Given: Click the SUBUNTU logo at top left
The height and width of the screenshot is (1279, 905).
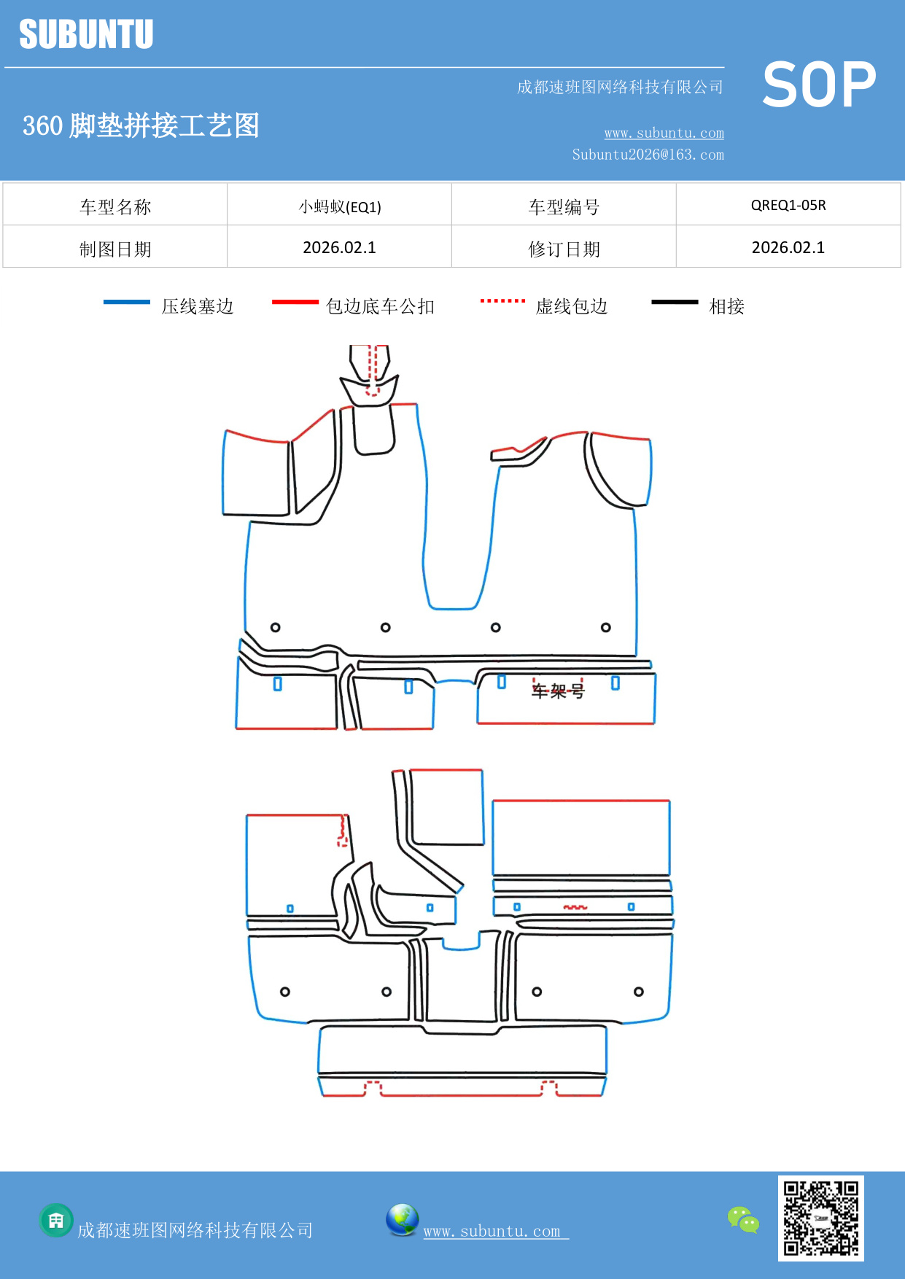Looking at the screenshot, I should click(86, 34).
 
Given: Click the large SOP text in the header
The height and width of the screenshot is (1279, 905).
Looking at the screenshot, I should click(819, 85).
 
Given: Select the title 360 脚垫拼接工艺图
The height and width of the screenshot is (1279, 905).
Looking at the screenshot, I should click(141, 125).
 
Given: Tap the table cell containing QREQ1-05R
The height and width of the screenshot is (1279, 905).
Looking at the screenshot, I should click(788, 205).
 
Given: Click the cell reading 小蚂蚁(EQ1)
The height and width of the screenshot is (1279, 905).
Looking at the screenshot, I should click(339, 207).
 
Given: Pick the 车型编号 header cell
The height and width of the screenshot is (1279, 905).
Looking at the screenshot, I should click(564, 207).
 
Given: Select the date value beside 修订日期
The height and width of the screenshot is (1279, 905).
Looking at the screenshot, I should click(788, 248).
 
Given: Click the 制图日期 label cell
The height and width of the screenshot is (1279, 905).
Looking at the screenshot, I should click(115, 249).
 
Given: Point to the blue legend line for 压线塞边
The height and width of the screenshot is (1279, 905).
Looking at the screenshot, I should click(126, 302).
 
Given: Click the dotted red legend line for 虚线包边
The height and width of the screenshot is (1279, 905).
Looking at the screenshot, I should click(502, 300).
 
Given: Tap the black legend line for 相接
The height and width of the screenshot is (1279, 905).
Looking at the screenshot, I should click(675, 302).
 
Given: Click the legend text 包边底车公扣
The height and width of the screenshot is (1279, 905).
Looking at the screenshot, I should click(380, 306).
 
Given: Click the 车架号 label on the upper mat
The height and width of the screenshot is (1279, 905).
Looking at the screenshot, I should click(558, 690).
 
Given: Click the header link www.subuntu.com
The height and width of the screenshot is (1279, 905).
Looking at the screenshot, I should click(664, 133).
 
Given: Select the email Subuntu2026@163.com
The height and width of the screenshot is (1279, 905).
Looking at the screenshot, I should click(648, 155).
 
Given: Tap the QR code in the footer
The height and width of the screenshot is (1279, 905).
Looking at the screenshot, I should click(820, 1218).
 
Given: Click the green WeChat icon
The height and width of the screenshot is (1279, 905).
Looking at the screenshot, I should click(743, 1219).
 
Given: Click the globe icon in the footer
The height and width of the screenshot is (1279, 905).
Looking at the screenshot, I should click(402, 1220).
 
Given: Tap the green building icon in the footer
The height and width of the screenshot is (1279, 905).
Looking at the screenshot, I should click(56, 1220).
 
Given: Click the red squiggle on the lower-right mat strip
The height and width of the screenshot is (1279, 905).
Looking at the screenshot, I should click(575, 907).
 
